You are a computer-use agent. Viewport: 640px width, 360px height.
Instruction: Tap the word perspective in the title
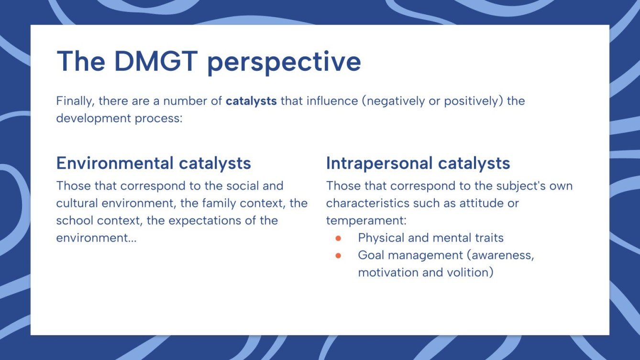pos(284,62)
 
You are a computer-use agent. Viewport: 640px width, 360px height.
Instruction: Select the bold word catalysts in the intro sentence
pos(251,101)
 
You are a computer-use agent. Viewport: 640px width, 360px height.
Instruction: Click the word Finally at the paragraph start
pos(74,101)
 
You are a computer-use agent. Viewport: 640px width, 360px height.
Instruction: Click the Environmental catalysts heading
pos(154,163)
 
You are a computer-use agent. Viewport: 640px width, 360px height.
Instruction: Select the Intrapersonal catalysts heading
pos(418,163)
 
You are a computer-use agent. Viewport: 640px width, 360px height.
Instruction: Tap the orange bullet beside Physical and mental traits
pos(338,238)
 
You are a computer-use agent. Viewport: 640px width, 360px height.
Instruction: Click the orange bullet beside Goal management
pos(338,255)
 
